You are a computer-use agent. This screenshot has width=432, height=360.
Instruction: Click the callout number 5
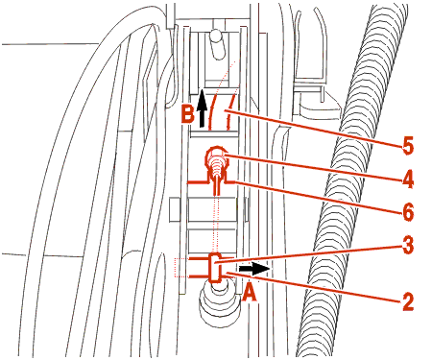[x=408, y=145]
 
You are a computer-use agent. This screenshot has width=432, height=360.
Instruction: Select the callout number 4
[x=408, y=179]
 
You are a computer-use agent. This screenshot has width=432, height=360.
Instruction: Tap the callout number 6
[x=408, y=211]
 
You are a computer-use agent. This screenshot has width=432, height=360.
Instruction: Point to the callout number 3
[x=408, y=245]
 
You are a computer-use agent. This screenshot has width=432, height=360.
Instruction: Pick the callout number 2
[x=408, y=301]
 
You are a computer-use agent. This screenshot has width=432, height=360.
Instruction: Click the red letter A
[x=250, y=293]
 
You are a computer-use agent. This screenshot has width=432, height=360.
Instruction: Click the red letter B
[x=187, y=114]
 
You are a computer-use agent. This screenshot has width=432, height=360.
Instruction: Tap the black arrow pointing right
[x=254, y=269]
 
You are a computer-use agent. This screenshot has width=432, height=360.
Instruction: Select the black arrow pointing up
[x=202, y=108]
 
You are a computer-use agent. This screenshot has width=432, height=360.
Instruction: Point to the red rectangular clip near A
[x=215, y=268]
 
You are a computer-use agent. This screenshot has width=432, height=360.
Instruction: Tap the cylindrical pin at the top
[x=217, y=44]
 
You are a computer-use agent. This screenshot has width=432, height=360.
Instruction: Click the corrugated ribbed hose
[x=352, y=180]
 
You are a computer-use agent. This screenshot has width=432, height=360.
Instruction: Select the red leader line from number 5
[x=313, y=128]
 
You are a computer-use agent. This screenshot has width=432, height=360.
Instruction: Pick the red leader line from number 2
[x=313, y=287]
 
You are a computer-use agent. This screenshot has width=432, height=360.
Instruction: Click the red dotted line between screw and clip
[x=217, y=224]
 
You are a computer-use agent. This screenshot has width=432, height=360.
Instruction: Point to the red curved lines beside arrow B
[x=220, y=111]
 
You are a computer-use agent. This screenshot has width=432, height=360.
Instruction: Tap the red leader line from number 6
[x=317, y=197]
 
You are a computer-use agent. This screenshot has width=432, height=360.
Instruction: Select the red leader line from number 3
[x=308, y=254]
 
